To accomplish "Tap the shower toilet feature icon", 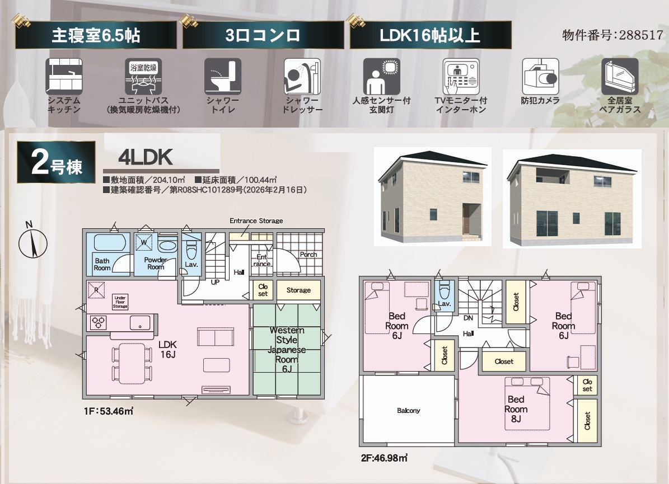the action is (x=223, y=77).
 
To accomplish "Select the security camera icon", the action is (x=540, y=77).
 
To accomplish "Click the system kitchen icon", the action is (x=64, y=77).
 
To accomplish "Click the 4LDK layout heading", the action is (x=146, y=158).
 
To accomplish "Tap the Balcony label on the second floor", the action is (x=408, y=411).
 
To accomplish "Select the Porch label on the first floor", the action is (x=308, y=255).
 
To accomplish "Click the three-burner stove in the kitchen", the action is (x=99, y=322).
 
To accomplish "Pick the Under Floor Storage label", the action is (x=120, y=302).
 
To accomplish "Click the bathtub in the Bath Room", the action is (x=110, y=242).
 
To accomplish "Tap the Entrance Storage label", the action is (x=256, y=221).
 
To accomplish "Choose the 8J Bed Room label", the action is (x=516, y=409).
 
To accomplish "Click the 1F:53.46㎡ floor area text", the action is (x=109, y=411).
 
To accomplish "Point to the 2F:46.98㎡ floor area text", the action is (x=384, y=458).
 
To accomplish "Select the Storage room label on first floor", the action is (x=298, y=290).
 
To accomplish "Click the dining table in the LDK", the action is (x=132, y=364).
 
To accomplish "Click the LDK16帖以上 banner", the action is (x=431, y=35).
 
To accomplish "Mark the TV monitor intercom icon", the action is (x=461, y=77).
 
